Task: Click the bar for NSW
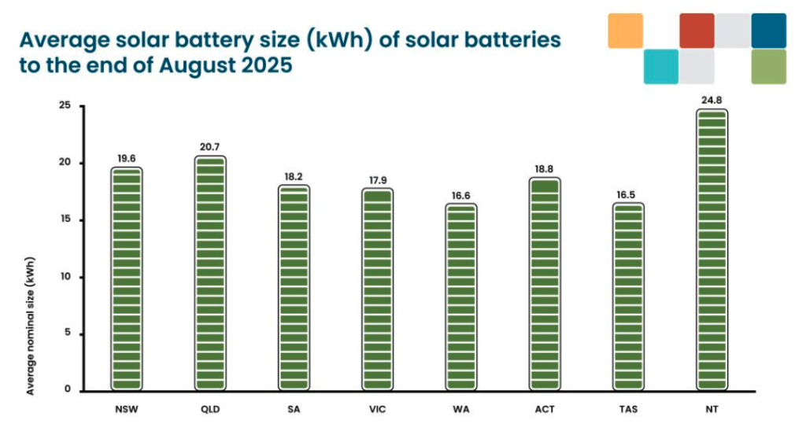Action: point(127,279)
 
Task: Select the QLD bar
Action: point(210,274)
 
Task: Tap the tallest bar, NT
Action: point(712,250)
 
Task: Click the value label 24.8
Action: point(712,100)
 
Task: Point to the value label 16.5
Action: point(628,194)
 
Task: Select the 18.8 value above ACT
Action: point(545,168)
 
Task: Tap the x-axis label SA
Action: point(294,410)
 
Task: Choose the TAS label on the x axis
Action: point(628,410)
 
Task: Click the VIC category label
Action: point(378,410)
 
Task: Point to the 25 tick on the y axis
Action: point(65,106)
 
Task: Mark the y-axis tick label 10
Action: point(65,277)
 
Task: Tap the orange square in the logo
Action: point(626,31)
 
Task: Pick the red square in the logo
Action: point(697,31)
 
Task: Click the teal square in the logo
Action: point(660,67)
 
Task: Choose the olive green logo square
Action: point(769,67)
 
